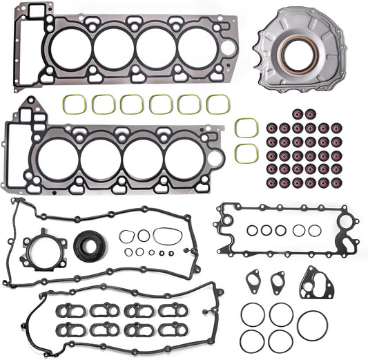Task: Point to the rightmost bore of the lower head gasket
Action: click(184, 157)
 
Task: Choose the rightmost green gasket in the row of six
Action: click(218, 104)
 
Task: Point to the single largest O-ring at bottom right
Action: click(312, 325)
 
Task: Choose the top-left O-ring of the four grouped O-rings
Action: click(253, 315)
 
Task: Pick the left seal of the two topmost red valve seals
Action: click(298, 113)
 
